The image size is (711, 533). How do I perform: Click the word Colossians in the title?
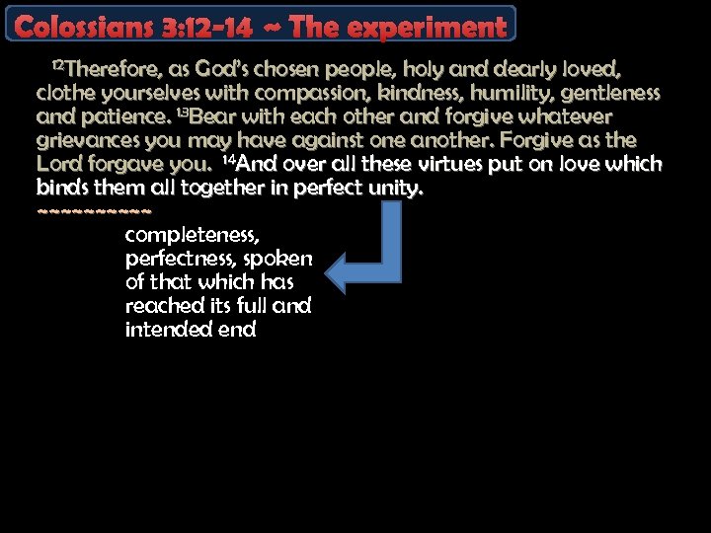click(x=82, y=27)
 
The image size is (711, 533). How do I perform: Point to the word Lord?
click(x=59, y=164)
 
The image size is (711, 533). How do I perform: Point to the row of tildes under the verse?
click(x=94, y=210)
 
